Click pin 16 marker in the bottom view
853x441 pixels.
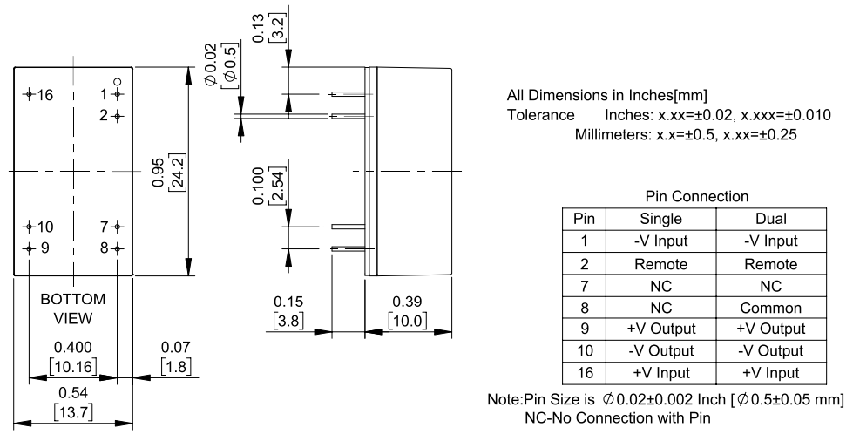30,93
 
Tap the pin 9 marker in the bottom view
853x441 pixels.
30,248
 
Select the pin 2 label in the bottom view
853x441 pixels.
105,115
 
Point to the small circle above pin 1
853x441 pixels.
118,82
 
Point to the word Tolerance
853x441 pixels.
539,115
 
